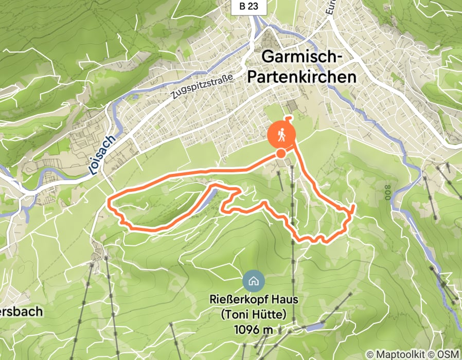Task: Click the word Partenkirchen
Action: coord(301,77)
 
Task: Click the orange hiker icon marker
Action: coord(281,135)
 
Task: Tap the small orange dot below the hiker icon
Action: coord(281,153)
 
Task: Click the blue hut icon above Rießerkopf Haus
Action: coord(253,281)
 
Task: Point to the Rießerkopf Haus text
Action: coord(253,299)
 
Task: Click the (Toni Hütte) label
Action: coord(253,314)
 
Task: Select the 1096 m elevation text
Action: coord(253,329)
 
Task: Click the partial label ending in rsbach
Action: coord(21,312)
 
